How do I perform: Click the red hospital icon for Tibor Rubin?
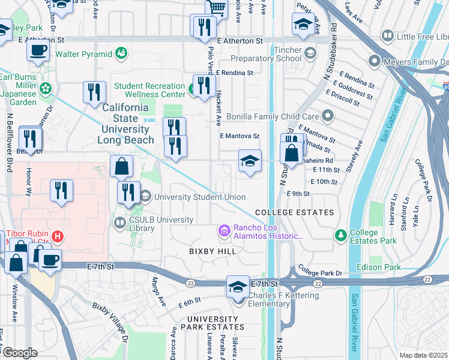(x=58, y=236)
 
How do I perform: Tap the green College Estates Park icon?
(x=341, y=233)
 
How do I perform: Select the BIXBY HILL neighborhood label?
(x=213, y=251)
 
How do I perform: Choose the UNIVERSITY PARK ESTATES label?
(x=215, y=323)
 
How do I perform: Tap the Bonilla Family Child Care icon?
(x=328, y=115)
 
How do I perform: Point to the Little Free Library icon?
(x=387, y=37)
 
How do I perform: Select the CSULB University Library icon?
(x=119, y=224)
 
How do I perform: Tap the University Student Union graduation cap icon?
(x=145, y=196)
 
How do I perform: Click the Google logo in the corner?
(x=19, y=353)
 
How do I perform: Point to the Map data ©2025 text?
(x=423, y=355)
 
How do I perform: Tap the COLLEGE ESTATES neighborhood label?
(x=294, y=213)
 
